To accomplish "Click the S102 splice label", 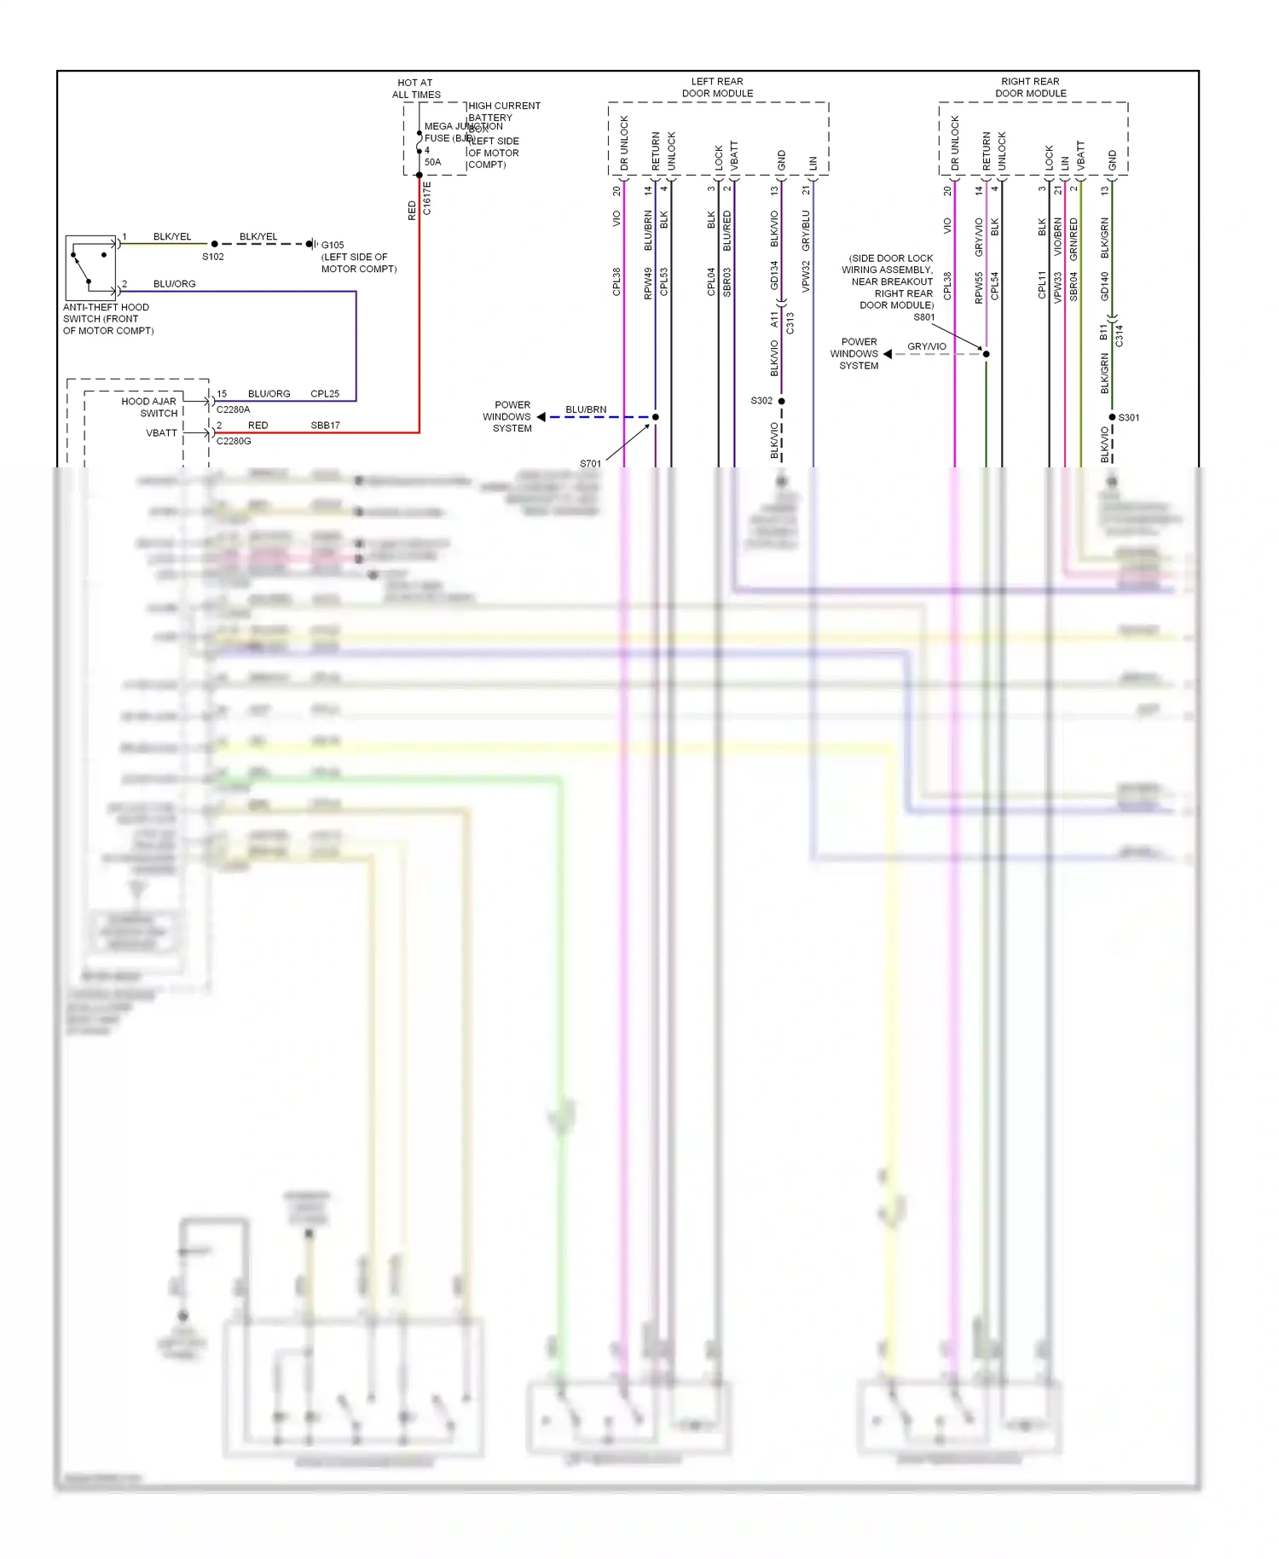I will (212, 257).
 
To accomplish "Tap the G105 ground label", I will (333, 245).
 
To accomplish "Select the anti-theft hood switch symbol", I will (90, 267).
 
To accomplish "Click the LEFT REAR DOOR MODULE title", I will (717, 88).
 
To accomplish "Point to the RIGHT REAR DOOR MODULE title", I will (1030, 88).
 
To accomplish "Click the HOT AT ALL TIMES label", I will (416, 89).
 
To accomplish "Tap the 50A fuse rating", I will (432, 162).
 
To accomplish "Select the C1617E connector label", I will (427, 198).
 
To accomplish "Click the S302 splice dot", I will (781, 401).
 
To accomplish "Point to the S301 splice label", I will (1129, 418).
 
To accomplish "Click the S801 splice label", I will (924, 317).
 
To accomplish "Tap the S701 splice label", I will (590, 464).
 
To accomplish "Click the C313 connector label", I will (790, 323).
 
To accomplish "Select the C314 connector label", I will (1120, 336).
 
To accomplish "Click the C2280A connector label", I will (233, 409).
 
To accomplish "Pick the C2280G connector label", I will (234, 441).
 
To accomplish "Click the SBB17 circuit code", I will (325, 425).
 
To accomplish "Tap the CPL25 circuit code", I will (325, 394).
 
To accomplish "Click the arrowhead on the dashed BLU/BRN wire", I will (541, 417).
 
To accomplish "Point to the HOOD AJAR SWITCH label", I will (150, 407).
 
